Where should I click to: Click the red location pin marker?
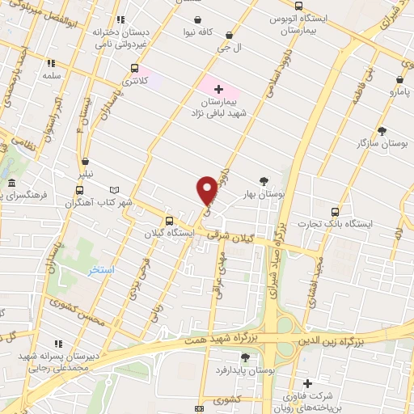point(207,190)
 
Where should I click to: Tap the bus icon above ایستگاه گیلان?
point(169,220)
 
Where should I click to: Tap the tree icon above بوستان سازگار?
point(382,130)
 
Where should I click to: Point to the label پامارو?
point(399,93)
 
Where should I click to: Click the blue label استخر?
point(102,269)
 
